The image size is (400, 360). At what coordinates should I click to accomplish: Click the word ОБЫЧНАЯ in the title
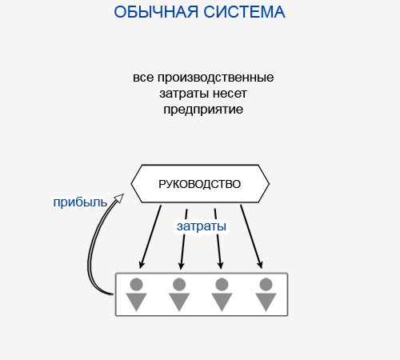click(x=156, y=12)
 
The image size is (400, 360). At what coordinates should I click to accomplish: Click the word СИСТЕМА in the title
click(x=245, y=12)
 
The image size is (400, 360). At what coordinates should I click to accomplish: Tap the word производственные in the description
click(x=215, y=78)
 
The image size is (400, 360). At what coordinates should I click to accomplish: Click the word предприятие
click(x=203, y=110)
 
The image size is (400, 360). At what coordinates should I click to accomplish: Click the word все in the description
click(x=143, y=78)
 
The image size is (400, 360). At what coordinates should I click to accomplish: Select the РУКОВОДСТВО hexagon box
click(x=200, y=184)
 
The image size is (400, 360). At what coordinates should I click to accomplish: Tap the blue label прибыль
click(x=80, y=202)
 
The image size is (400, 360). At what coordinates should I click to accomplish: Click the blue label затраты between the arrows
click(x=202, y=226)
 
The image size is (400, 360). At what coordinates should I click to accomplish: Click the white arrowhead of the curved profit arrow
click(x=119, y=198)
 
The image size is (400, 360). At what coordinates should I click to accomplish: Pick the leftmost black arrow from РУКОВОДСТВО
click(x=150, y=237)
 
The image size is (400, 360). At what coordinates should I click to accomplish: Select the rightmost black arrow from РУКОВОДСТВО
click(x=251, y=237)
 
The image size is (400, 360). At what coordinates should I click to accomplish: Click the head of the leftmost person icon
click(x=136, y=284)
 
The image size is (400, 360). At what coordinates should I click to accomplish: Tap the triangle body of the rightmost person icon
click(x=266, y=302)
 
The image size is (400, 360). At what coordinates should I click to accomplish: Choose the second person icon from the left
click(x=179, y=294)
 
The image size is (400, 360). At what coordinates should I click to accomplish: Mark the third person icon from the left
click(x=222, y=294)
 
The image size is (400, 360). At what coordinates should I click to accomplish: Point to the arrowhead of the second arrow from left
click(x=182, y=266)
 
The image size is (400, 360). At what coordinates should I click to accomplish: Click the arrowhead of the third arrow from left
click(x=221, y=266)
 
